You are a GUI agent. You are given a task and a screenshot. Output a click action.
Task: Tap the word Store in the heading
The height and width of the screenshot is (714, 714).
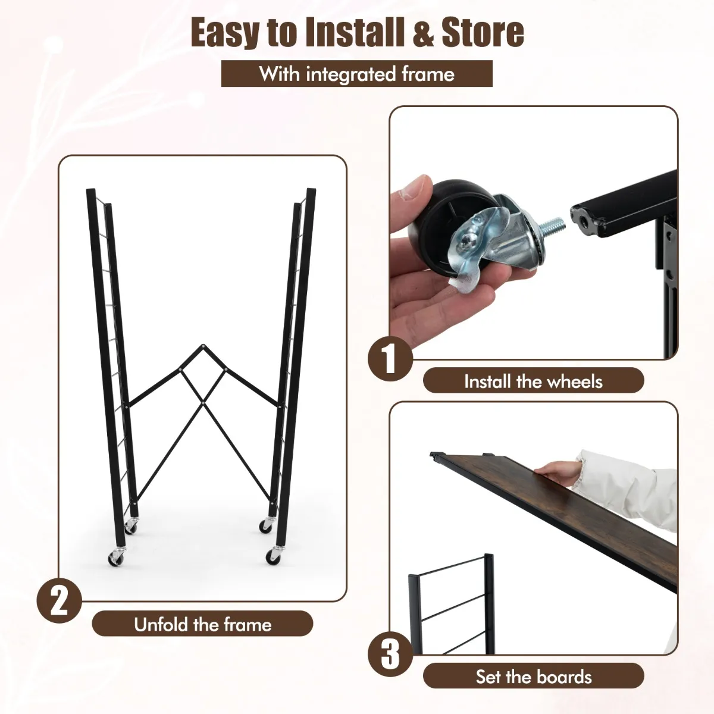point(483,33)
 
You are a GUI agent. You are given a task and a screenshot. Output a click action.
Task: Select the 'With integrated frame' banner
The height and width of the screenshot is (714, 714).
point(357,74)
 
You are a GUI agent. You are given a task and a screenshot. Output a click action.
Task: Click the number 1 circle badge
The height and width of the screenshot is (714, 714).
point(390,359)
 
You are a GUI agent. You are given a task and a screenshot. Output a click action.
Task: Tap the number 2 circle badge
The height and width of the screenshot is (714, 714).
point(59,600)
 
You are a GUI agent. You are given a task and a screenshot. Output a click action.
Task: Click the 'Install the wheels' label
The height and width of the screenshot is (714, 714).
point(534,381)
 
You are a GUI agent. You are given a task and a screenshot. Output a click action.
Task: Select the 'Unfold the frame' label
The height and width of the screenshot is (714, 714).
point(202,624)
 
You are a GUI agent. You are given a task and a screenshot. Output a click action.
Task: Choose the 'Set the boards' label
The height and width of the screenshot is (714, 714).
point(534,676)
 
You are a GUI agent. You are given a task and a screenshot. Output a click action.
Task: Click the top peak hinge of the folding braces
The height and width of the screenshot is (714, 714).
point(203,346)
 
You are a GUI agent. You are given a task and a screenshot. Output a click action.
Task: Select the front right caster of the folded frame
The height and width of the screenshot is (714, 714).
point(273,556)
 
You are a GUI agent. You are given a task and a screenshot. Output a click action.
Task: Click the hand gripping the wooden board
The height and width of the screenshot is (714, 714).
point(558,470)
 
